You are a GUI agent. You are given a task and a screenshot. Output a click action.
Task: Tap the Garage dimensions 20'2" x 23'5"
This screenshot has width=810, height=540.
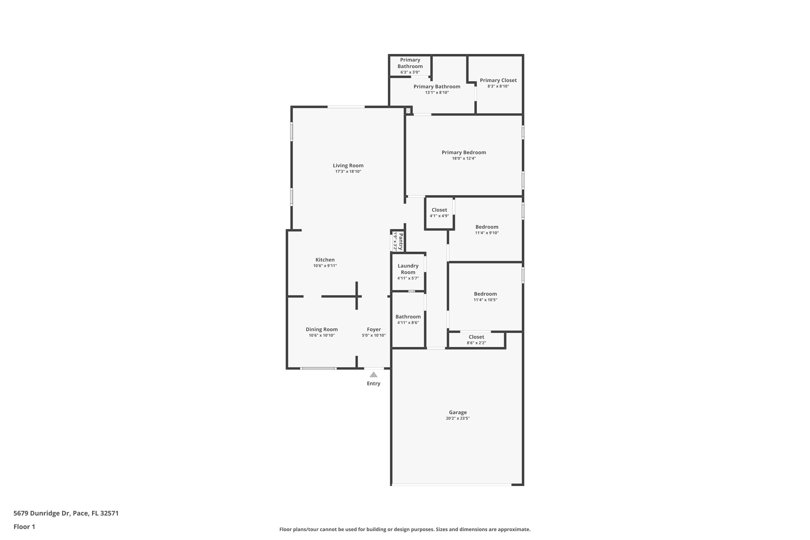click(x=457, y=418)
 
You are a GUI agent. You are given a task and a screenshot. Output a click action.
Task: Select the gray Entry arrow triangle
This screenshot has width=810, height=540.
click(x=373, y=374)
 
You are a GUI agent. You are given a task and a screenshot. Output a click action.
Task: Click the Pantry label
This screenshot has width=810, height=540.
click(x=400, y=241)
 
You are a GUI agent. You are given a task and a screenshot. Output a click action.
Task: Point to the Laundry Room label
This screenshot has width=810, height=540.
click(x=408, y=269)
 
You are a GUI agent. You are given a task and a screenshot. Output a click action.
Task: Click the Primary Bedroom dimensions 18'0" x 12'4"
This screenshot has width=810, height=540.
click(x=464, y=158)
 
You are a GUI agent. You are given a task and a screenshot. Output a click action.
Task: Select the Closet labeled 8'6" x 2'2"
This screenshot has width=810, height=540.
click(x=476, y=337)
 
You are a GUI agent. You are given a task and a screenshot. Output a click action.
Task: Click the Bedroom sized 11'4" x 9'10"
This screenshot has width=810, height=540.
click(x=487, y=227)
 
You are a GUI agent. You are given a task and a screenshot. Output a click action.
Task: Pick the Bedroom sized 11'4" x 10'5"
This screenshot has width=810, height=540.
click(x=485, y=294)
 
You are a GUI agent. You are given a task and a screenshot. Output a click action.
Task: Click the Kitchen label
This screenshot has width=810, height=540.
click(x=325, y=260)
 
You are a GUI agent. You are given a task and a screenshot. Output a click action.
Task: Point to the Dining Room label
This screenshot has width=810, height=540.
click(x=321, y=329)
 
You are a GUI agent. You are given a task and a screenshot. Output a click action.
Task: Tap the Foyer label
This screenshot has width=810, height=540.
click(x=374, y=329)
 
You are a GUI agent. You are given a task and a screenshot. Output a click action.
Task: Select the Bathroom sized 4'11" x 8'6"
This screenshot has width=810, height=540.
click(x=408, y=316)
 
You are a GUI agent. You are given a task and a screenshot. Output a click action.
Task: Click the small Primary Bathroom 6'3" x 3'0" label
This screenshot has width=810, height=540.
click(x=410, y=63)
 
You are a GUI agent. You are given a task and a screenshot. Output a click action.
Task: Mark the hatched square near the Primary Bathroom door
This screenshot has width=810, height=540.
click(x=408, y=110)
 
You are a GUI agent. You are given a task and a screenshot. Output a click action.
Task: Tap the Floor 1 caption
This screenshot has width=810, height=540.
click(x=24, y=526)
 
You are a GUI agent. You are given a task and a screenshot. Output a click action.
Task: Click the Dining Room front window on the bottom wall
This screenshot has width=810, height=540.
click(x=318, y=369)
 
